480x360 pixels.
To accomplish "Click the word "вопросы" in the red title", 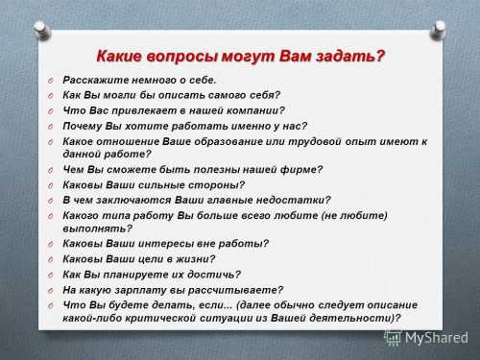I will (187, 56).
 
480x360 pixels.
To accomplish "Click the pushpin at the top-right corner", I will (440, 29).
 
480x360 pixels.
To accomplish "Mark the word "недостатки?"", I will (288, 200).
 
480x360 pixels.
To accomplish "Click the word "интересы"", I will (158, 244).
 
